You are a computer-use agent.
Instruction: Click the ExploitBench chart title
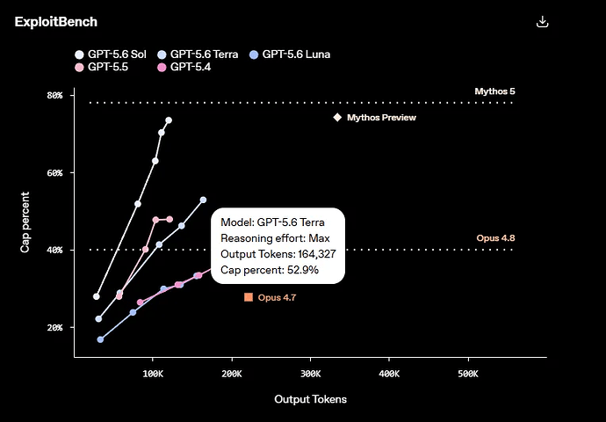click(x=56, y=22)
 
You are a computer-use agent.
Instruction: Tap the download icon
click(x=542, y=22)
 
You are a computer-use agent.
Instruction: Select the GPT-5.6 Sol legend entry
click(x=111, y=55)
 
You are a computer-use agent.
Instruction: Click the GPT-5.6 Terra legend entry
click(x=198, y=55)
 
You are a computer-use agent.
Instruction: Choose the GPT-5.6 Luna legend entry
click(x=290, y=55)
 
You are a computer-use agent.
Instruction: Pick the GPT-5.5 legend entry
click(x=101, y=67)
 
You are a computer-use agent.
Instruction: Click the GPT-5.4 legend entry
click(x=184, y=67)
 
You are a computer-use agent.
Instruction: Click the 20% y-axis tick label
click(x=54, y=328)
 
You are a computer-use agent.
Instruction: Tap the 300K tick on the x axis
click(x=310, y=374)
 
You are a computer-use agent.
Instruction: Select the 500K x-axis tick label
click(x=468, y=374)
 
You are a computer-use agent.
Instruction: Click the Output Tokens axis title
click(x=310, y=399)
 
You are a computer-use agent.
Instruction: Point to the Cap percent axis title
click(x=25, y=222)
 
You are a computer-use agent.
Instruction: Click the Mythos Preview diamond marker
click(x=337, y=117)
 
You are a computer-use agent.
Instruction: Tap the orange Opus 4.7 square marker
click(x=249, y=297)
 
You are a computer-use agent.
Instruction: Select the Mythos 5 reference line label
click(x=494, y=91)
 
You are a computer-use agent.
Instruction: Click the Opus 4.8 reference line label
click(x=495, y=238)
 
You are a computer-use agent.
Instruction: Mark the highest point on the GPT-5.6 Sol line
click(x=169, y=120)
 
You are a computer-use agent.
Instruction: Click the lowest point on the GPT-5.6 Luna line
click(x=100, y=339)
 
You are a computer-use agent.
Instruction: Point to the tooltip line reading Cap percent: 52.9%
click(x=270, y=270)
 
